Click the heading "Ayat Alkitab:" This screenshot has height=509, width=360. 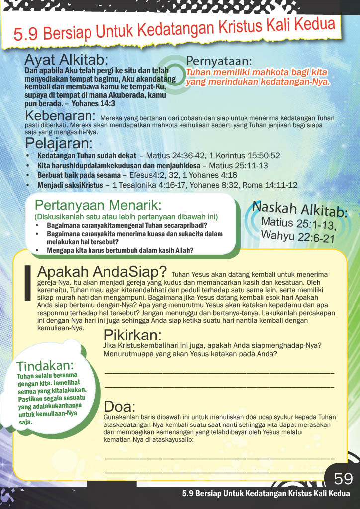point(66,60)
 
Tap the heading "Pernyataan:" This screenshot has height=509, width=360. point(219,62)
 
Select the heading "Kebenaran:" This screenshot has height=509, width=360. point(61,116)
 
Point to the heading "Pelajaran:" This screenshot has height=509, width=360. point(59,143)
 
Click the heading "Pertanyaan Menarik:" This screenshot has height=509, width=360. point(98,205)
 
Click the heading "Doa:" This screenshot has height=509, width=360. point(120,406)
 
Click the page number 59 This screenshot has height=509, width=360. point(343,479)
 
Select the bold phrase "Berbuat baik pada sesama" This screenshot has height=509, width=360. point(79,175)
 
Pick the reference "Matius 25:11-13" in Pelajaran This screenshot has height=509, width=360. point(238,166)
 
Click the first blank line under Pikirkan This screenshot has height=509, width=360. point(219,373)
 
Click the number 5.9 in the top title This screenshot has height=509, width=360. point(26,34)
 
